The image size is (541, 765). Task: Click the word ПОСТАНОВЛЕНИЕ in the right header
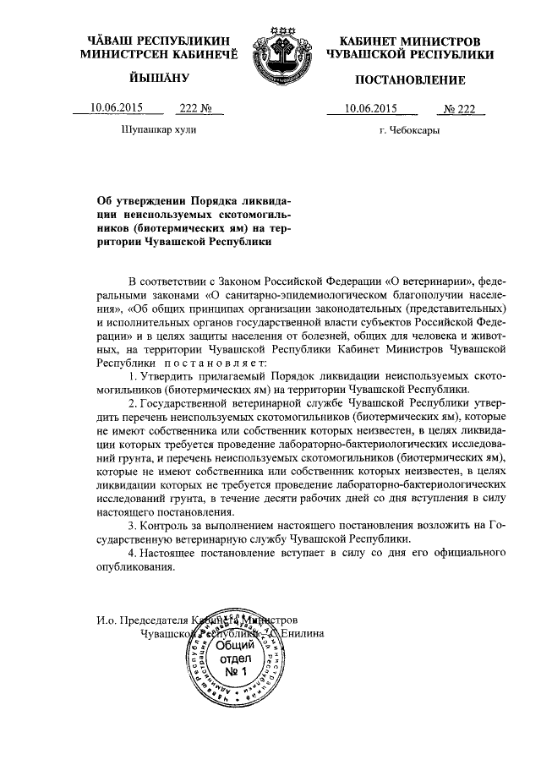tap(409, 80)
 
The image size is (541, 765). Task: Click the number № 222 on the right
tap(462, 108)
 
